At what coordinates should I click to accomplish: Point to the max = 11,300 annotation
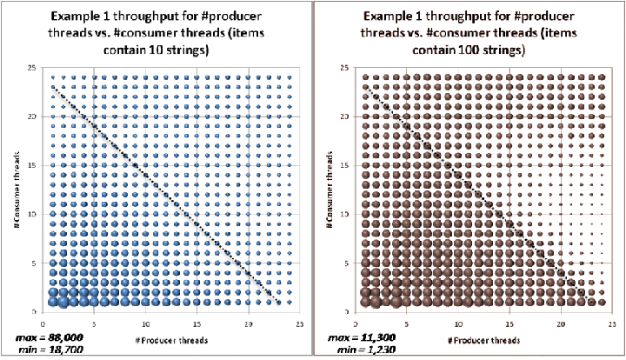tap(357, 336)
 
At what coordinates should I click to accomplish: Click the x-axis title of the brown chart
tap(474, 338)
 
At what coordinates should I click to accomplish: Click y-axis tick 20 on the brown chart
tap(344, 117)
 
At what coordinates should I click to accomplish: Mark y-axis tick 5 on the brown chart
tap(346, 263)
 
